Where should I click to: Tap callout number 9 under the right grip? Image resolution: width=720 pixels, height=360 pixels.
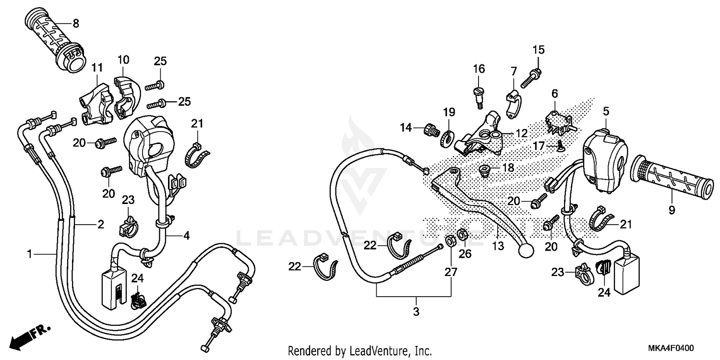(672, 210)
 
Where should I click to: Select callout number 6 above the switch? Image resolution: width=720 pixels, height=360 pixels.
(554, 93)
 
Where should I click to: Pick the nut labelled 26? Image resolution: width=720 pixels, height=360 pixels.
(463, 235)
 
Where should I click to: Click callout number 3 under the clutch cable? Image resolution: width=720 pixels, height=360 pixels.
(416, 312)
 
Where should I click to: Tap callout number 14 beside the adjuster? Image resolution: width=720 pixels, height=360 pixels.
(407, 127)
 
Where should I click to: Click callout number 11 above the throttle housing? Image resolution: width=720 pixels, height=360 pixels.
(97, 67)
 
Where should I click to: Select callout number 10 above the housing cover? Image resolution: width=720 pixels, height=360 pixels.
(123, 60)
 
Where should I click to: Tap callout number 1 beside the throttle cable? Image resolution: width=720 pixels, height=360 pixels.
(30, 253)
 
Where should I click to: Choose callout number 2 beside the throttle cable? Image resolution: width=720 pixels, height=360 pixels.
(100, 224)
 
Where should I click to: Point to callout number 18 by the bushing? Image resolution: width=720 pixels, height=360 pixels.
(508, 168)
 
